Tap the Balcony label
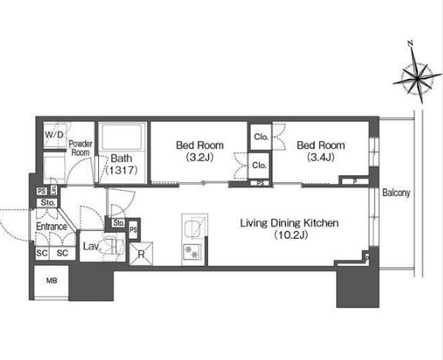pos(396,193)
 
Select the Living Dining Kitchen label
pos(290,223)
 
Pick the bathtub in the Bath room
pos(122,137)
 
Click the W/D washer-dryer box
pos(55,135)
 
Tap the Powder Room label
pos(80,148)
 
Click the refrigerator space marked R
pos(141,253)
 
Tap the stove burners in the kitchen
pos(192,252)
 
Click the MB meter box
pos(52,280)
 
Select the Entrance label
pos(52,226)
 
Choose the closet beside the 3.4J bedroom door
pos(261,138)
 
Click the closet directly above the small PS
pos(259,165)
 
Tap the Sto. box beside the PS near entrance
pos(47,202)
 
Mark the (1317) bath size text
pos(122,170)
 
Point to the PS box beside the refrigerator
pos(133,229)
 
